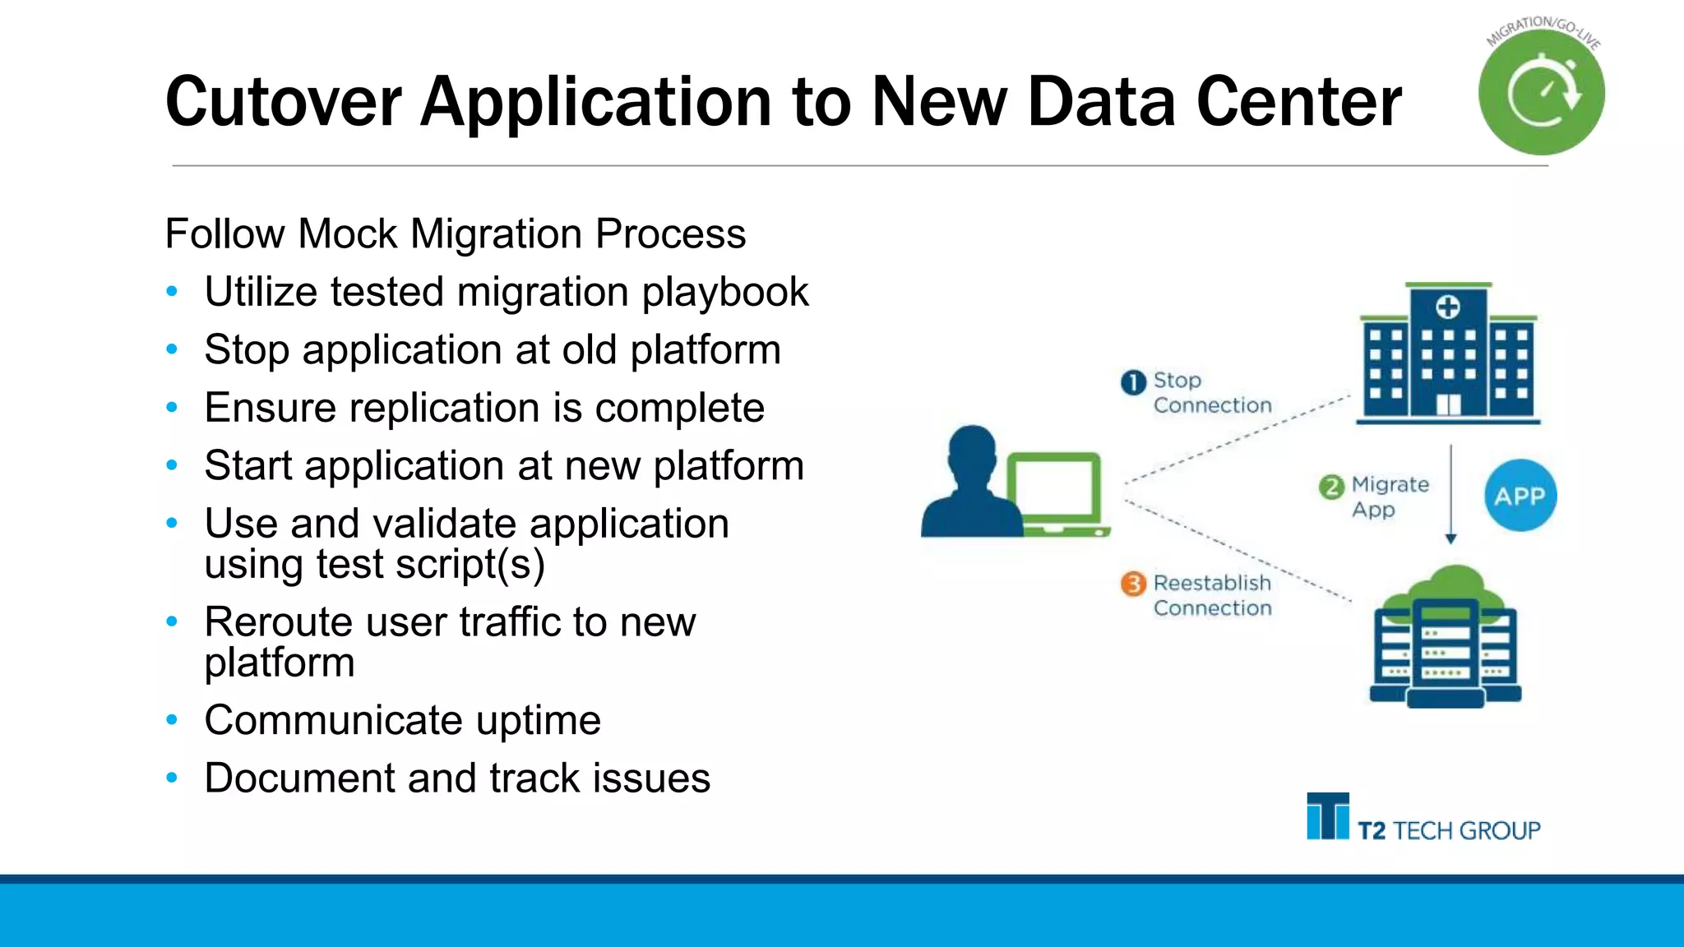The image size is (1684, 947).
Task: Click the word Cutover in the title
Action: pos(283,102)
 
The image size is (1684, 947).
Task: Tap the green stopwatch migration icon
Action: pos(1542,92)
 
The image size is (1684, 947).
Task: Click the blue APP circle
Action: pos(1520,496)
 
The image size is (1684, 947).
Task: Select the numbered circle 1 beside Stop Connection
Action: pos(1133,382)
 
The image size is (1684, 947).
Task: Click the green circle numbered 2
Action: pos(1331,487)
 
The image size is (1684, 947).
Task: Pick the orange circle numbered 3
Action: pos(1133,584)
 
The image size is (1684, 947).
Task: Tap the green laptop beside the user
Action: pos(1056,494)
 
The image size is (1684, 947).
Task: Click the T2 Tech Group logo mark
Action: pos(1327,816)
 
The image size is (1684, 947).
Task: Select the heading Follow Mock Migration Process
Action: pos(455,233)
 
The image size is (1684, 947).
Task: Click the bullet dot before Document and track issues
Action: pos(172,778)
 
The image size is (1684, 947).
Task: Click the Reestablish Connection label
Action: pos(1211,595)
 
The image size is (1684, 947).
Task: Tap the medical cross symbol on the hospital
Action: pos(1447,308)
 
